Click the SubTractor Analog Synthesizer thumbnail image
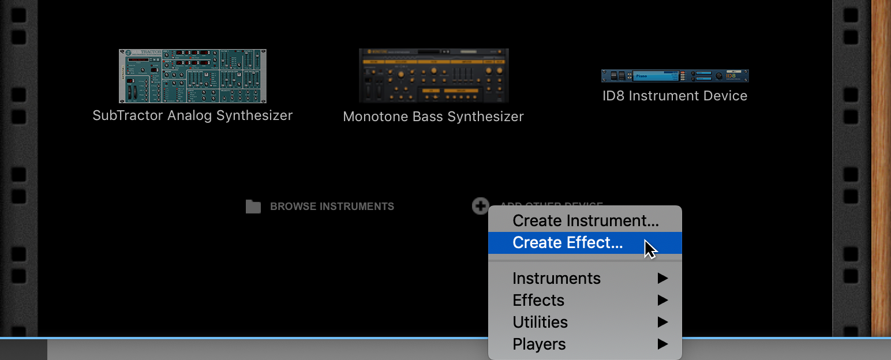pyautogui.click(x=192, y=76)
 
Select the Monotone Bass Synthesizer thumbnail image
pyautogui.click(x=433, y=76)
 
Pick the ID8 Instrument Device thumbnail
pyautogui.click(x=675, y=76)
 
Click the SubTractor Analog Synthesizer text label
pyautogui.click(x=192, y=115)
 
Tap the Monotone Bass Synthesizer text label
pyautogui.click(x=433, y=117)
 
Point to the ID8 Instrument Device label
pyautogui.click(x=675, y=96)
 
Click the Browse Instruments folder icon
pyautogui.click(x=253, y=207)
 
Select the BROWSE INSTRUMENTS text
pyautogui.click(x=332, y=207)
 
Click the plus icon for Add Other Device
pyautogui.click(x=480, y=205)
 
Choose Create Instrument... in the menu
pyautogui.click(x=585, y=220)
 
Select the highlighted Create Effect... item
pyautogui.click(x=567, y=243)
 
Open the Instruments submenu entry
pyautogui.click(x=556, y=278)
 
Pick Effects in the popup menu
pyautogui.click(x=538, y=300)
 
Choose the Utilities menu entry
pyautogui.click(x=540, y=322)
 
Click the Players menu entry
pyautogui.click(x=539, y=344)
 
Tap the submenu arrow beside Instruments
pyautogui.click(x=662, y=278)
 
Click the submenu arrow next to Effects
pyautogui.click(x=662, y=300)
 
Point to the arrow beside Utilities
pyautogui.click(x=662, y=322)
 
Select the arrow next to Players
pyautogui.click(x=662, y=344)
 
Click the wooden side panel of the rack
pyautogui.click(x=881, y=167)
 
